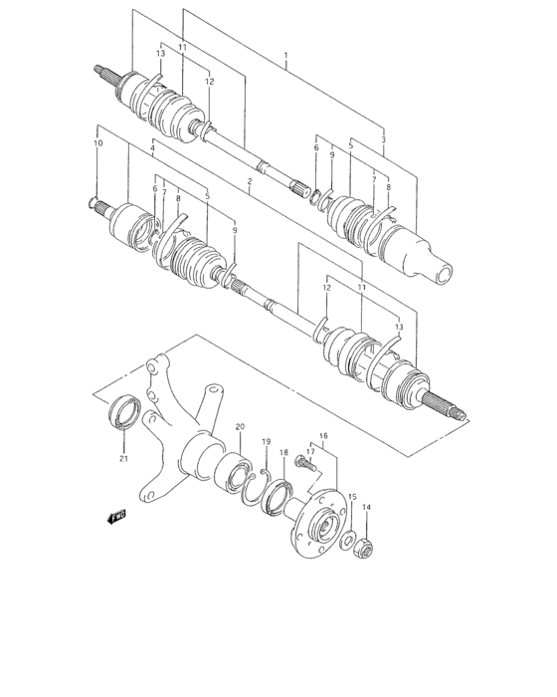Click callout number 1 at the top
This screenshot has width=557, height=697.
(x=285, y=56)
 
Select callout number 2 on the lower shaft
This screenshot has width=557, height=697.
(x=251, y=181)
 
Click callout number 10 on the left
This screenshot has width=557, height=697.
(x=97, y=143)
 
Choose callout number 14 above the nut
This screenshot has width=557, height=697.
(x=366, y=508)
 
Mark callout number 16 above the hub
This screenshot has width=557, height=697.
(x=322, y=436)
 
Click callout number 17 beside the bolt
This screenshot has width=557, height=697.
(x=309, y=450)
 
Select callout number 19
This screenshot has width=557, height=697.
(x=266, y=441)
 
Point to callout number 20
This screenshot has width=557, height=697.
(x=240, y=427)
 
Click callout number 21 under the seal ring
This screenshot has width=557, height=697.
(x=124, y=459)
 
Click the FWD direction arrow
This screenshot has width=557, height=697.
(x=116, y=516)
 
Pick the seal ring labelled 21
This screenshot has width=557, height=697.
(x=124, y=411)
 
